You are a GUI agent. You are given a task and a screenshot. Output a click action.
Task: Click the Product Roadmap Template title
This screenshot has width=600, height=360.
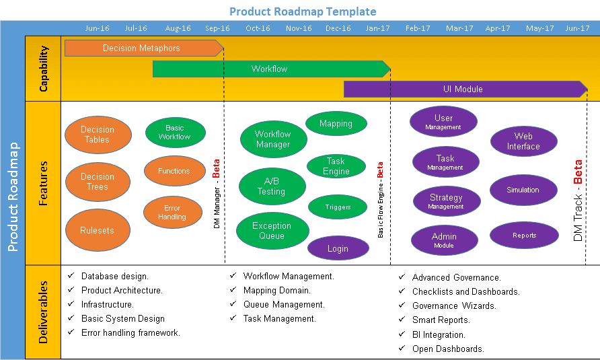point(303,11)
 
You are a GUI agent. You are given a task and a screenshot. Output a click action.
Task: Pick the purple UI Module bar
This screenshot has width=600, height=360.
point(463,89)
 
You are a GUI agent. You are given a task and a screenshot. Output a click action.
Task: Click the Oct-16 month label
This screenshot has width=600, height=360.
point(258,28)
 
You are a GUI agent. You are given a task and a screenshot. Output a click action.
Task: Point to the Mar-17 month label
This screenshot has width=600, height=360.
point(459,28)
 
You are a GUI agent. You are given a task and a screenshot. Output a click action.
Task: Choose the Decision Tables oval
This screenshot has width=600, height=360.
point(98,135)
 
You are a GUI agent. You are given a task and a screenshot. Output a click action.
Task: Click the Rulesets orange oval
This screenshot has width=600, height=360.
point(98,230)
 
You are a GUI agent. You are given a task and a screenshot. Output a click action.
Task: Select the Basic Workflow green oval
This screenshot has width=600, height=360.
point(174,132)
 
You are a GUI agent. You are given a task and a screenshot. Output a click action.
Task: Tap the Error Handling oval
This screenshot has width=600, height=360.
point(172,213)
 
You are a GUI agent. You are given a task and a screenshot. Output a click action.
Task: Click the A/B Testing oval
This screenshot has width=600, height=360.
point(271,186)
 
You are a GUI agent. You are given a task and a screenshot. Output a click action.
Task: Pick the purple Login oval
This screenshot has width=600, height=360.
point(338,248)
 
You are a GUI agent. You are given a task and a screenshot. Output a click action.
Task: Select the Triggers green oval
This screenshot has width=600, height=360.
point(338,207)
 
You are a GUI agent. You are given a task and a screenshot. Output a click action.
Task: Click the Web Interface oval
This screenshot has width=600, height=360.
point(523,141)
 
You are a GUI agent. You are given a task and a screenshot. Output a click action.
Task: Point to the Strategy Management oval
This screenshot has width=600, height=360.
point(446,201)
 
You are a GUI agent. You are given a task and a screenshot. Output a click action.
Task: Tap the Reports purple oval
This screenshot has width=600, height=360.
point(524,236)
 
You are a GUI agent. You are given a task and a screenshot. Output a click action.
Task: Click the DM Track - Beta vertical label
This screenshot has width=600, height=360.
point(578,200)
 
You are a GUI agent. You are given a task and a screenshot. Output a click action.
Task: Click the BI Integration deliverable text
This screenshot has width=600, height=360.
point(439,334)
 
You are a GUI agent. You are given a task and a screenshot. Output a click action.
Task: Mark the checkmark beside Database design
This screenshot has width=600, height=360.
point(71,276)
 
